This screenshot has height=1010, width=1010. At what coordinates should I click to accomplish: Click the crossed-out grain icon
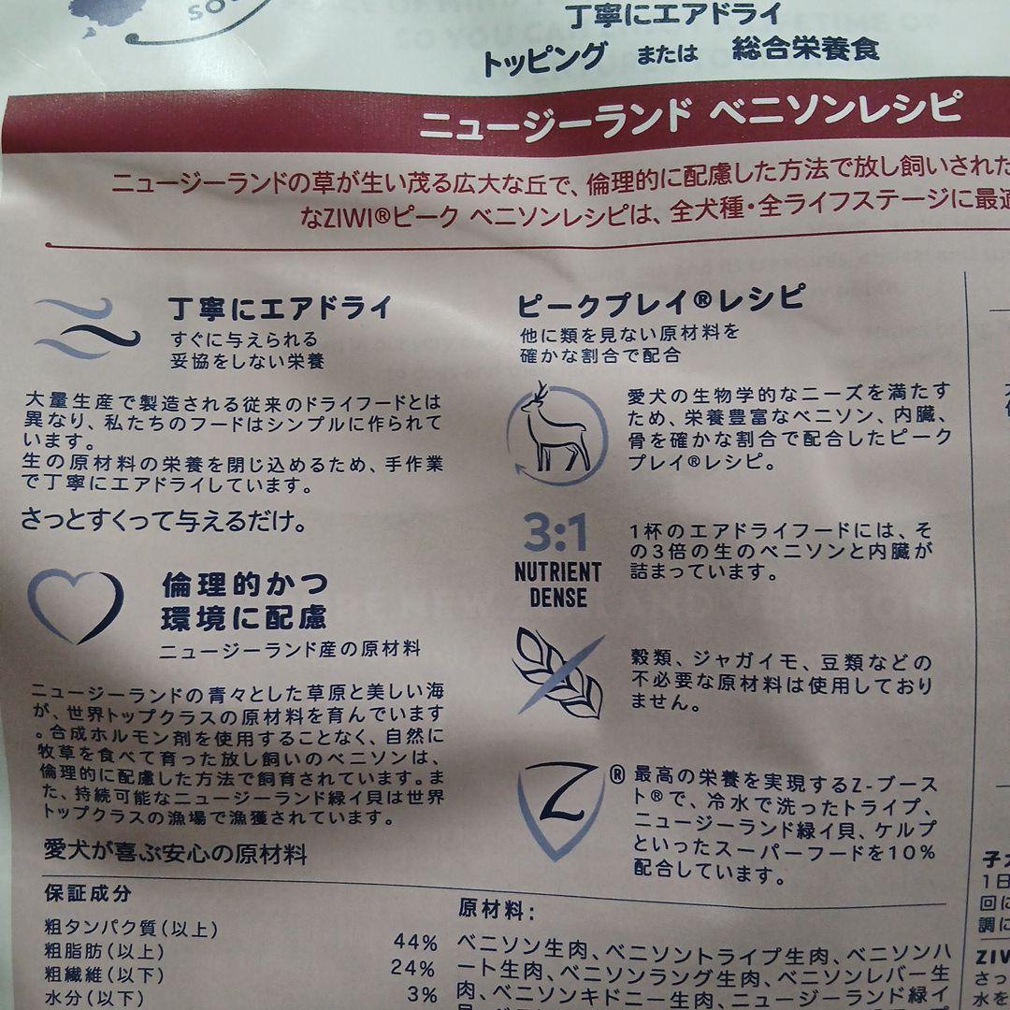click(558, 671)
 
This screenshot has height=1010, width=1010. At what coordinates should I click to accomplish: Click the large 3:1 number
click(555, 534)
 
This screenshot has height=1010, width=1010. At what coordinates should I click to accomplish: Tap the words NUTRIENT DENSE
click(557, 584)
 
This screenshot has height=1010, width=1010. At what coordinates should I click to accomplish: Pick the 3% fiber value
click(421, 994)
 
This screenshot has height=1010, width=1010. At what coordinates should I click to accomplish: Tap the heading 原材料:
click(497, 909)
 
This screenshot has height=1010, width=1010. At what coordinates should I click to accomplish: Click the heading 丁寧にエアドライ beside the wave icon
click(281, 308)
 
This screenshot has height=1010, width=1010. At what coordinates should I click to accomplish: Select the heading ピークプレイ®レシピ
click(660, 300)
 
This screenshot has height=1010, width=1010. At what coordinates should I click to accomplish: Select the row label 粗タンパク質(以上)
click(131, 930)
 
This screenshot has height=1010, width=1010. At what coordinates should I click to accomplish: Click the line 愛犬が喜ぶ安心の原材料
click(175, 853)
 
